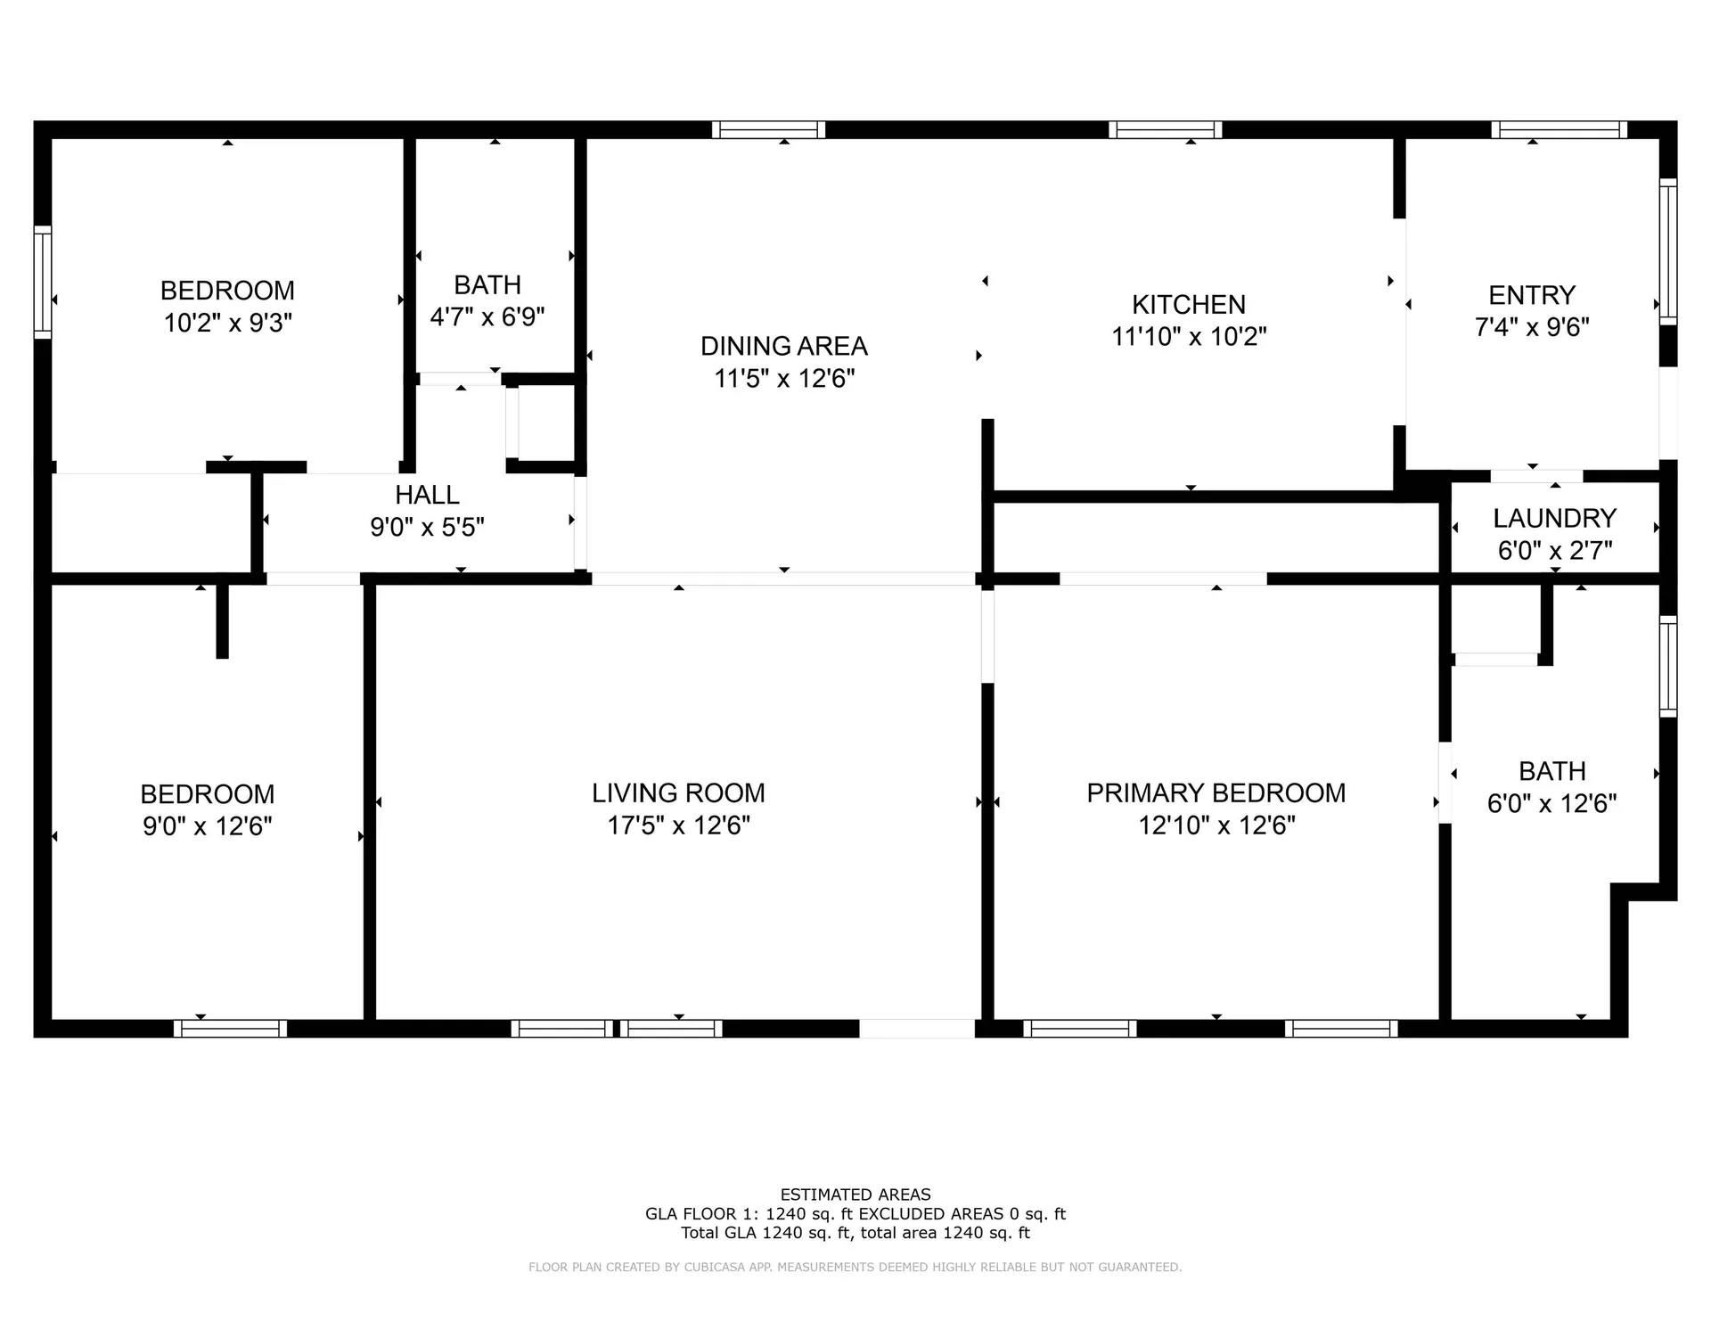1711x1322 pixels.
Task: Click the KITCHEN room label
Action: click(x=1188, y=305)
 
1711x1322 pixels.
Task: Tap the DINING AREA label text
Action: click(x=783, y=346)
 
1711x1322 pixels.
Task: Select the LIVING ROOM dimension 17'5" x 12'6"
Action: click(x=678, y=825)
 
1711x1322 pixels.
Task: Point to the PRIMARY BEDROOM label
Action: click(x=1216, y=793)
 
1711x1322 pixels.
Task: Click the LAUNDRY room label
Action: click(x=1554, y=518)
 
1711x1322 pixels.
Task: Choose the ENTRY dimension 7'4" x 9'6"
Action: click(x=1531, y=327)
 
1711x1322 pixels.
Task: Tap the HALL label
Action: click(x=427, y=495)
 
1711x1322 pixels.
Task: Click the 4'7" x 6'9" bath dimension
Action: click(x=487, y=317)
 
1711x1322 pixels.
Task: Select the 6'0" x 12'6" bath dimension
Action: click(x=1551, y=804)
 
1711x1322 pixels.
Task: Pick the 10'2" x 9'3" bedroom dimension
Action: click(x=227, y=323)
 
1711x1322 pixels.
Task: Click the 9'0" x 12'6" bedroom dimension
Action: click(x=207, y=826)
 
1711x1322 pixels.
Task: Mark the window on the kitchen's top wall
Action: click(x=1165, y=130)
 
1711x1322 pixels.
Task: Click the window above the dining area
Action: click(x=768, y=130)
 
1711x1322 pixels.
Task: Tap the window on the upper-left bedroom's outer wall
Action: click(x=43, y=282)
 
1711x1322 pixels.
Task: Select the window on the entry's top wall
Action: click(x=1559, y=130)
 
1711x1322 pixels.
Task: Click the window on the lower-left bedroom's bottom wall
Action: click(x=230, y=1029)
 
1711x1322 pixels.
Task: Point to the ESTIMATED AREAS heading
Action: click(x=855, y=1195)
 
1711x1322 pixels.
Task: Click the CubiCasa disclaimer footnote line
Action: click(x=855, y=1267)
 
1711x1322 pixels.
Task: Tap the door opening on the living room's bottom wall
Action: click(x=916, y=1029)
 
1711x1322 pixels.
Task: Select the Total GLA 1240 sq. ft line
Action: click(x=855, y=1233)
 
